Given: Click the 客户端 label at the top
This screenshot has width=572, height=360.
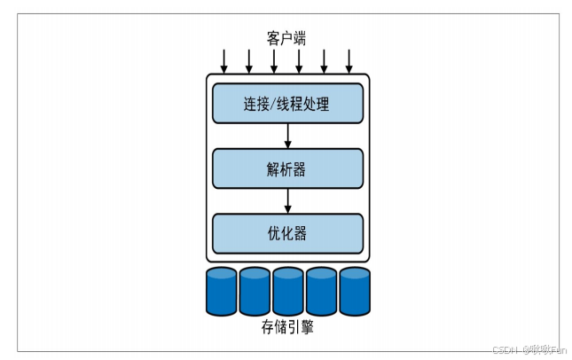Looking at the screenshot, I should [287, 38].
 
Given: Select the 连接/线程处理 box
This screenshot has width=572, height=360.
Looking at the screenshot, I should [287, 104].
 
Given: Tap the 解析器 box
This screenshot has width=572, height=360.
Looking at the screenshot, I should [287, 168].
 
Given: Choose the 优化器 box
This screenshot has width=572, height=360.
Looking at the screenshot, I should [287, 233].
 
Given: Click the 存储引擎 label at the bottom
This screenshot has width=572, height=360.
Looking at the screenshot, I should [287, 327].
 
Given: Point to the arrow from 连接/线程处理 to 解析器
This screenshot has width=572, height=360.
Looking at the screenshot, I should [288, 136].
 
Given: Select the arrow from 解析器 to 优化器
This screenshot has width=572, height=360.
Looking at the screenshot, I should [288, 200].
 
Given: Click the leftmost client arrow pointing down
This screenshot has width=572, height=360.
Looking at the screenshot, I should [224, 61].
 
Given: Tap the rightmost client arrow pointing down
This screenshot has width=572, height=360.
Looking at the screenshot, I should [349, 61].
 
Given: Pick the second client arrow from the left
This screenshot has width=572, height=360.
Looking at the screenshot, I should [249, 61].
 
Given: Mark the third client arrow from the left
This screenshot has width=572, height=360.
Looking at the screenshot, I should [274, 61].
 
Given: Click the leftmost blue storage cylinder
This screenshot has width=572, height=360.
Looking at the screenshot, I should [222, 291].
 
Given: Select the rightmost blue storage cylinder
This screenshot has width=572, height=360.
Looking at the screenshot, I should [355, 291].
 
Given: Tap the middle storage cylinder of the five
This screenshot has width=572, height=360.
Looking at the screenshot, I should [288, 291].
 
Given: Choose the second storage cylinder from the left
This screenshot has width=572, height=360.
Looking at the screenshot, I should [255, 291].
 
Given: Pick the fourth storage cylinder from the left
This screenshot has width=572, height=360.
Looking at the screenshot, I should [321, 291].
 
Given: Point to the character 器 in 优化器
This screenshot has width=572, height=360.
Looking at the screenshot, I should [301, 234].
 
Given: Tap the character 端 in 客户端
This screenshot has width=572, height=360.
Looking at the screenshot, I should [301, 38].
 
